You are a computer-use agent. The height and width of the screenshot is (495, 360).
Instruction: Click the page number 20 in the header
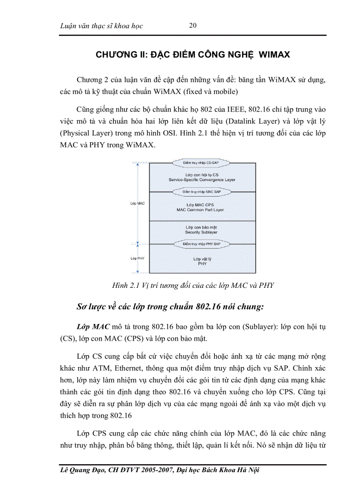192,25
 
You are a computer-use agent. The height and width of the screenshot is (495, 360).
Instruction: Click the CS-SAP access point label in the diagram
201,163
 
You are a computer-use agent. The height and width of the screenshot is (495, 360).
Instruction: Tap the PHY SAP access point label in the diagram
201,243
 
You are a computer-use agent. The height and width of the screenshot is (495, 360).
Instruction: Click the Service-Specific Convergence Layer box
202,177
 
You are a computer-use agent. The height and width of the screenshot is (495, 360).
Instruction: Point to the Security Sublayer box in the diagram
201,229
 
